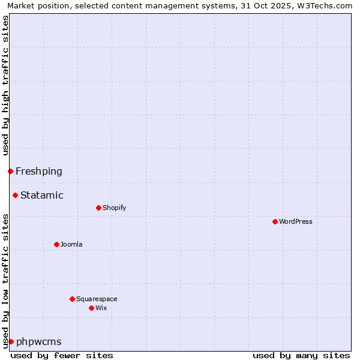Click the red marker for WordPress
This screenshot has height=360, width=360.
coord(275,221)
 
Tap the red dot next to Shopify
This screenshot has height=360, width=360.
coord(98,208)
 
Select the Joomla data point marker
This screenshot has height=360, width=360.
coord(56,244)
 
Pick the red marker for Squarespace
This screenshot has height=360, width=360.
coord(72,299)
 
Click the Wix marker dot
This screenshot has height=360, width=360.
coord(91,308)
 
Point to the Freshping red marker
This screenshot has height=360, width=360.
coord(10,171)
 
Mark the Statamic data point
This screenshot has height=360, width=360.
coord(15,195)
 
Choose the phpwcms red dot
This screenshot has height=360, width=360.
coord(11,341)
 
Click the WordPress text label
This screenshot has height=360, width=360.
coord(296,221)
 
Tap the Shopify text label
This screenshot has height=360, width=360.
coord(114,208)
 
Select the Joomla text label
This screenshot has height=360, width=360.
coord(71,244)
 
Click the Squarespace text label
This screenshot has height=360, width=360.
coord(97,299)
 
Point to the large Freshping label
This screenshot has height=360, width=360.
coord(39,171)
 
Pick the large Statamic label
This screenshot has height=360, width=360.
coord(42,195)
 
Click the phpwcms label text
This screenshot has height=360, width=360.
coord(39,341)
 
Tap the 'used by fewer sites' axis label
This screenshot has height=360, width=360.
coord(62,355)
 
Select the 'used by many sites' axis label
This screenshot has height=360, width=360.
coord(301,355)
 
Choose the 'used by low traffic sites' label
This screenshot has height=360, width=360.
coord(5,281)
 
